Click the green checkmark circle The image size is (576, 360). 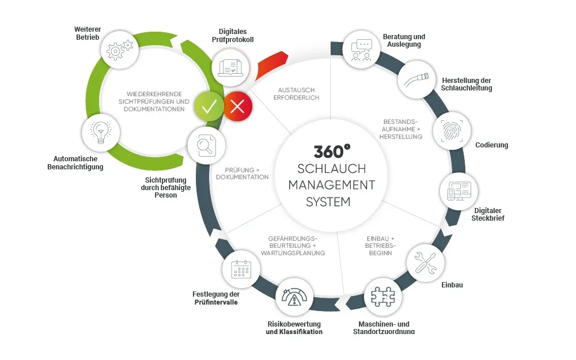tap(209, 106)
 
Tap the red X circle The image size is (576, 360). tap(238, 106)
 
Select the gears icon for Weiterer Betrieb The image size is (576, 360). tap(120, 50)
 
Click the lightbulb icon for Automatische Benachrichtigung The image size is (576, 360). tap(102, 132)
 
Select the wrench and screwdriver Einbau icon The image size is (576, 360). tap(426, 262)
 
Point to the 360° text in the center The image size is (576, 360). tap(332, 151)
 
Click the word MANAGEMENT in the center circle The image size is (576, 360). tap(331, 185)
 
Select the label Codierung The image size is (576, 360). tap(491, 145)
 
